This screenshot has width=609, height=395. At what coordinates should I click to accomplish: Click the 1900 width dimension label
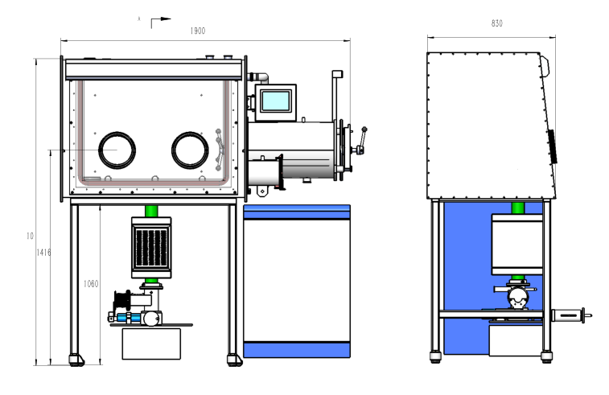pyautogui.click(x=198, y=31)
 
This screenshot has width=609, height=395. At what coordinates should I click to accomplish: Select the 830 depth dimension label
pyautogui.click(x=496, y=24)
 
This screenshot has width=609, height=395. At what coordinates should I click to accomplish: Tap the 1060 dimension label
pyautogui.click(x=91, y=283)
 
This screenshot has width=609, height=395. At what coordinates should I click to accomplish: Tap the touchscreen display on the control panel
pyautogui.click(x=274, y=101)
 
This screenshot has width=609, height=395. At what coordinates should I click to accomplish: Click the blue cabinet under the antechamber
pyautogui.click(x=297, y=282)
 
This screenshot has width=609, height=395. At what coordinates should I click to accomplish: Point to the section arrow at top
pyautogui.click(x=160, y=19)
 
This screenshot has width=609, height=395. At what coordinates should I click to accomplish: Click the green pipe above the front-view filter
pyautogui.click(x=151, y=211)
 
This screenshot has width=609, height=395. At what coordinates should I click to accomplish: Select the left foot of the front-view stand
pyautogui.click(x=77, y=358)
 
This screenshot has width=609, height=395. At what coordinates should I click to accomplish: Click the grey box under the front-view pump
pyautogui.click(x=151, y=344)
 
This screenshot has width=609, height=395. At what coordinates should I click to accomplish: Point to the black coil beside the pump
pyautogui.click(x=122, y=303)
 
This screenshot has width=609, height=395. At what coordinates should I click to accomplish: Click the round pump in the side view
pyautogui.click(x=516, y=300)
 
